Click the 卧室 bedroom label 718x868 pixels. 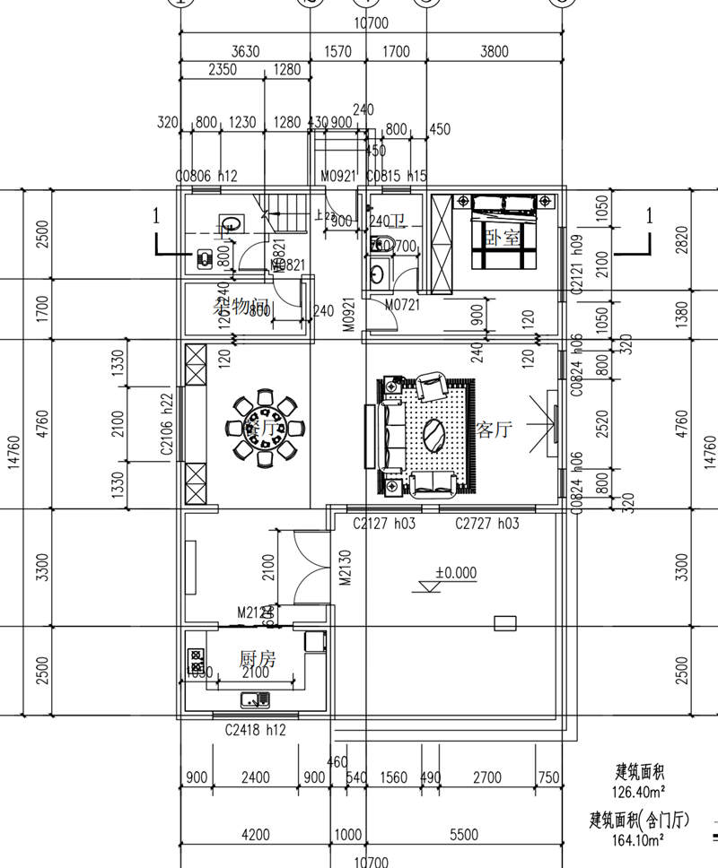tap(503, 238)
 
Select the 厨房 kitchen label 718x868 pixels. tap(258, 659)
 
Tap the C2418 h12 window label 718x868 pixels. tap(254, 731)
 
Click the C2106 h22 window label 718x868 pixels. tap(167, 429)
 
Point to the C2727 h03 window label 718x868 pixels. tap(486, 523)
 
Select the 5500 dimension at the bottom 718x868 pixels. tap(463, 835)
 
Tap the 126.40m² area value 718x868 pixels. tap(638, 792)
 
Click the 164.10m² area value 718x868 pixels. tap(638, 841)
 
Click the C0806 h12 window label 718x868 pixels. tap(206, 177)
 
